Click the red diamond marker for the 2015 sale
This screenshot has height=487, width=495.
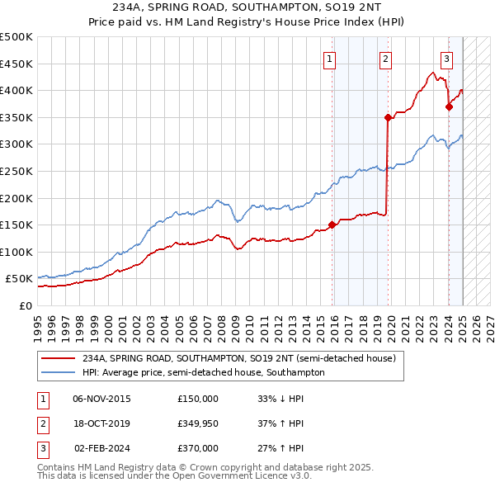pos(332,225)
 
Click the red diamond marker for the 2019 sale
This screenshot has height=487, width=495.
pos(387,118)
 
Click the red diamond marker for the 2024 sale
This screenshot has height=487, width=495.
pos(449,106)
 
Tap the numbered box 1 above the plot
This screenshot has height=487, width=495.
pos(329,59)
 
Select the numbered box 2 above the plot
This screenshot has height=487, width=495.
pos(385,59)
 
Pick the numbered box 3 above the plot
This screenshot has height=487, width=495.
pos(446,59)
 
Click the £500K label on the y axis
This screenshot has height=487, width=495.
pos(16,37)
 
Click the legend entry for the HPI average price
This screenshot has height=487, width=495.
pos(204,372)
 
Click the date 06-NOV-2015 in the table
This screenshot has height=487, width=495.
pos(102,399)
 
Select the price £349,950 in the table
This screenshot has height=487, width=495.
pos(198,423)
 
